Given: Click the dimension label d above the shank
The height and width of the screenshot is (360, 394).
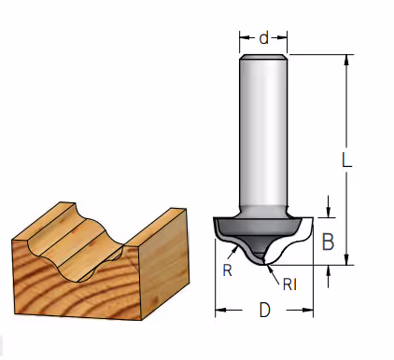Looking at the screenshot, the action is pyautogui.click(x=263, y=38).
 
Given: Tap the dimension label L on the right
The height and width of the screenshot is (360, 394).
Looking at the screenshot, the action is pyautogui.click(x=346, y=160).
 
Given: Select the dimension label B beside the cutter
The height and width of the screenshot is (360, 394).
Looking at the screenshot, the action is pyautogui.click(x=328, y=242).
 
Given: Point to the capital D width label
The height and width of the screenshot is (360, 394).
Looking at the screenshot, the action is pyautogui.click(x=264, y=310).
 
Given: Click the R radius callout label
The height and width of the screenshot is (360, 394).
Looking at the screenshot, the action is pyautogui.click(x=227, y=270).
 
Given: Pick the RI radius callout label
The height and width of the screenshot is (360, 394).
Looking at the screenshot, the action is pyautogui.click(x=289, y=284).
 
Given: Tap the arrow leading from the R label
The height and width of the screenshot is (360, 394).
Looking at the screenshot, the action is pyautogui.click(x=233, y=253).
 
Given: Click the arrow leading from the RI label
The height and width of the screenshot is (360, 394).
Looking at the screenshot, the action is pyautogui.click(x=273, y=274).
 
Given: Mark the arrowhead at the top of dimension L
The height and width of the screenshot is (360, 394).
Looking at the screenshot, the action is pyautogui.click(x=347, y=60).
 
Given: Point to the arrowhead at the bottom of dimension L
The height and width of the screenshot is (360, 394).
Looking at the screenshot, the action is pyautogui.click(x=347, y=260).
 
